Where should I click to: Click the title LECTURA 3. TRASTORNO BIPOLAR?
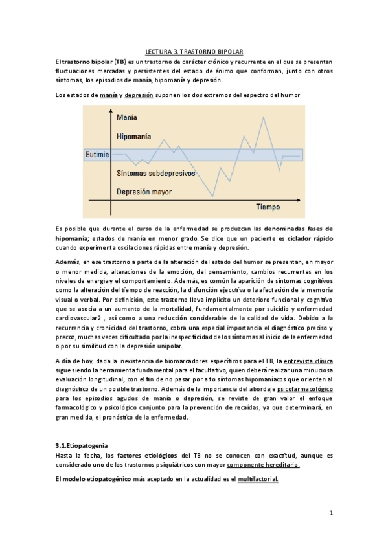tap(194, 51)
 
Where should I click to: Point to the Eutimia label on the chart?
tap(97, 155)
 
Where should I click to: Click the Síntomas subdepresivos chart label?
tap(156, 174)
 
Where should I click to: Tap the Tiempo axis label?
tap(268, 207)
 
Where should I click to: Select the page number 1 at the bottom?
tap(330, 513)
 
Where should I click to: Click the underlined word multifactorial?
tap(258, 479)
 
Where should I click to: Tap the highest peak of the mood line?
tap(263, 117)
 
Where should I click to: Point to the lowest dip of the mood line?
tap(212, 196)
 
